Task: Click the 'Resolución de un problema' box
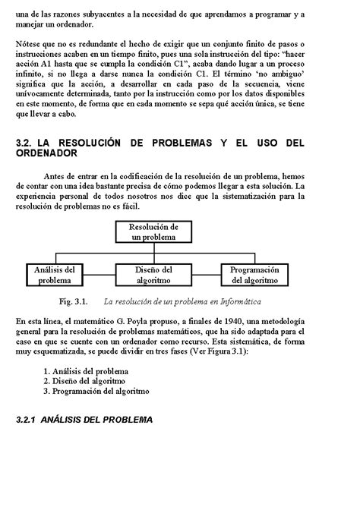click(153, 231)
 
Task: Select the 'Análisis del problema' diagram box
click(55, 274)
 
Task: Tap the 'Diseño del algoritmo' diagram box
click(153, 274)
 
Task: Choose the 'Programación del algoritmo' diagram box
click(254, 274)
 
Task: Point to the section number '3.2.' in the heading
click(25, 143)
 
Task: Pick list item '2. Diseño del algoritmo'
click(84, 381)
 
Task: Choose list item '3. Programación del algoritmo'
click(96, 392)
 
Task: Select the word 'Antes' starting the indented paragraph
click(57, 176)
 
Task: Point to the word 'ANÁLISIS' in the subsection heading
click(64, 419)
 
